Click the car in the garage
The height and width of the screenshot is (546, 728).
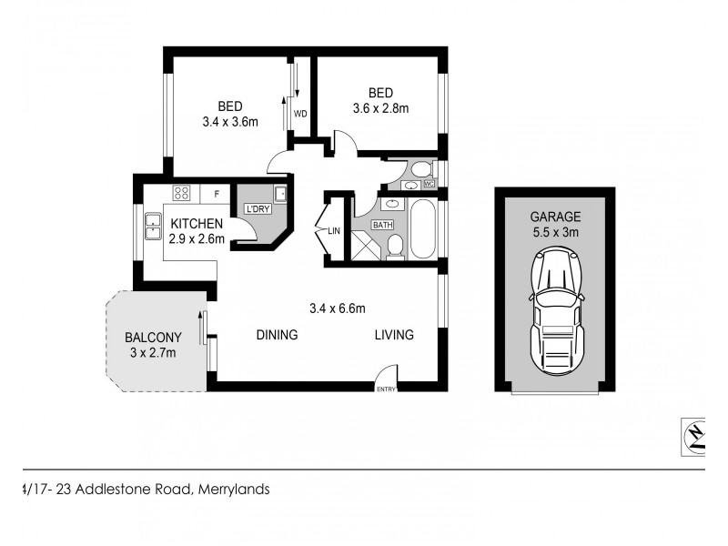click(555, 310)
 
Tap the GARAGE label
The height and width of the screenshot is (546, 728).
click(555, 217)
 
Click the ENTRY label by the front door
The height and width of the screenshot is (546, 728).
click(387, 389)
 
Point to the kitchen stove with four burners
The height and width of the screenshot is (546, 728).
click(181, 193)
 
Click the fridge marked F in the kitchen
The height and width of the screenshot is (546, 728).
click(216, 193)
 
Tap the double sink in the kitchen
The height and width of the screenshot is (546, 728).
click(151, 229)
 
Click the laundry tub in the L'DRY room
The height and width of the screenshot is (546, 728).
click(280, 193)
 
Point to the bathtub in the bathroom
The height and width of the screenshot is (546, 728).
click(423, 230)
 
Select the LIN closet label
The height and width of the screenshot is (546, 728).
click(334, 231)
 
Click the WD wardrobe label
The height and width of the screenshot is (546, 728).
click(299, 114)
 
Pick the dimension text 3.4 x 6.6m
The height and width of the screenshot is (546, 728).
click(338, 307)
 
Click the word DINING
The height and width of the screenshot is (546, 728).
click(277, 335)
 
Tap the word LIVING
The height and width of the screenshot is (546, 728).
click(394, 335)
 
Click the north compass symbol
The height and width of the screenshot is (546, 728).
click(695, 435)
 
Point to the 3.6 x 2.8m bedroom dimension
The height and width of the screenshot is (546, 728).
click(380, 108)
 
